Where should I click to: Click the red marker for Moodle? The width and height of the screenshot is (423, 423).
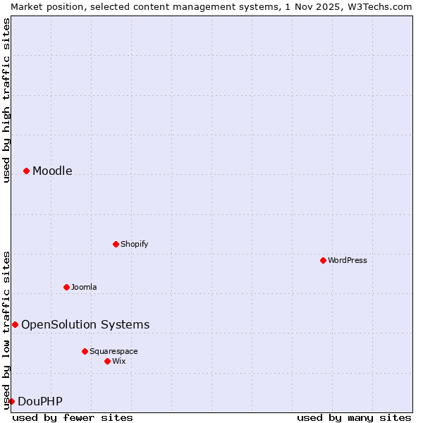point(26,171)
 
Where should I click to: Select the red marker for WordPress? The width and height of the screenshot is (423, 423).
point(323,260)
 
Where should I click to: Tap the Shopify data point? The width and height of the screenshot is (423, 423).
point(116,244)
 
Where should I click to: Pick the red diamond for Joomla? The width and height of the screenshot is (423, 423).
point(66,287)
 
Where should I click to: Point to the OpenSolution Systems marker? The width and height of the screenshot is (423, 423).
point(15,324)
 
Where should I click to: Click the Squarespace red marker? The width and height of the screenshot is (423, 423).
point(85,351)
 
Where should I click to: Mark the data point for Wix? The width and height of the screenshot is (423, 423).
point(107,361)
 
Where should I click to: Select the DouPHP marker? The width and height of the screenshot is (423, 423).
point(11,401)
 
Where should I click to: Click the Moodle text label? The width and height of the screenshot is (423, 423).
point(52,171)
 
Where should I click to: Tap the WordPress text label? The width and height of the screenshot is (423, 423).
point(348,260)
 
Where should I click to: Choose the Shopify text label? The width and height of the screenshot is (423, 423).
point(134,244)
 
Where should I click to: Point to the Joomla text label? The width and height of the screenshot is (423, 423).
point(84,287)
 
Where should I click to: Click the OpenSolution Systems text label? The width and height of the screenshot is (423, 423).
point(85,324)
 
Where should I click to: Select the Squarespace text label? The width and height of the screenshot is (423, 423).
point(114,351)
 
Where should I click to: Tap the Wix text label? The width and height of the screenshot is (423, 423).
point(118,361)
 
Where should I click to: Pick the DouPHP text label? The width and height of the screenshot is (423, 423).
point(40,401)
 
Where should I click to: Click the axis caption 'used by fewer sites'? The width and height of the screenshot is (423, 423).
point(73,417)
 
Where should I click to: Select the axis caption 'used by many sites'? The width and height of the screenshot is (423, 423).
point(354,417)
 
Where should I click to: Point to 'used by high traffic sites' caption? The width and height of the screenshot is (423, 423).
point(6,100)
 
